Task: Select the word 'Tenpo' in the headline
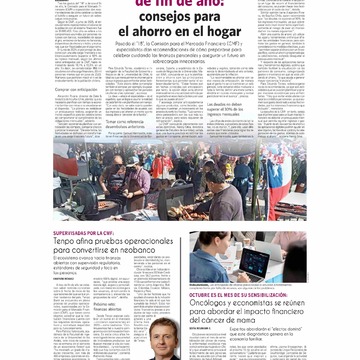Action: click(x=64, y=240)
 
